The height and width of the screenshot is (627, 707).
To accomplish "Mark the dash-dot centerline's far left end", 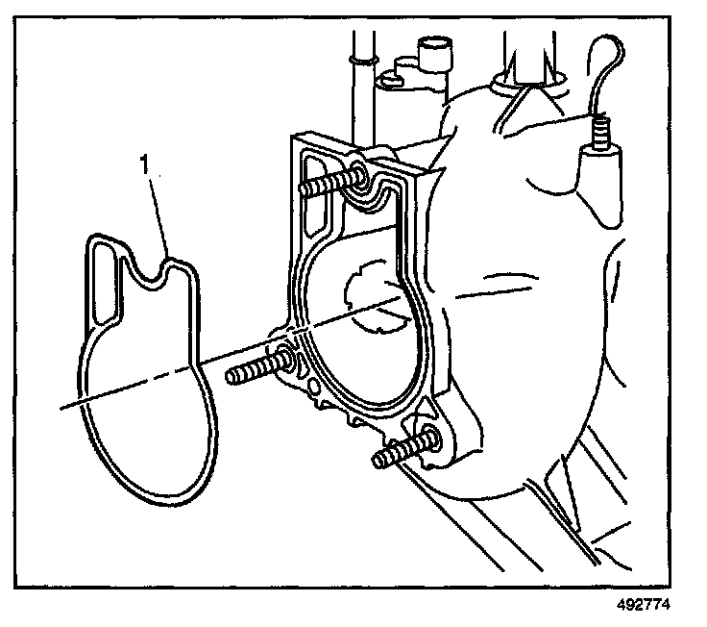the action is [x=61, y=409].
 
